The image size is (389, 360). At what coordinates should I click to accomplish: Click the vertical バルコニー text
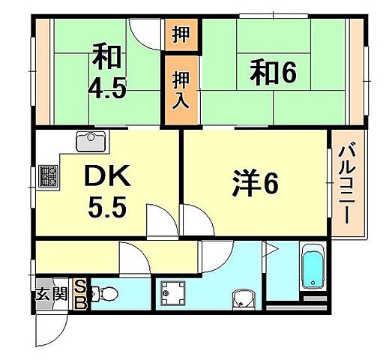(347, 181)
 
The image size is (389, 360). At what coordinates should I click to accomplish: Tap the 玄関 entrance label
(51, 293)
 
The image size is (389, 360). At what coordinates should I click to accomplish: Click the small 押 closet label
(181, 34)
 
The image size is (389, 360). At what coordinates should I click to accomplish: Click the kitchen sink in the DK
(91, 139)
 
